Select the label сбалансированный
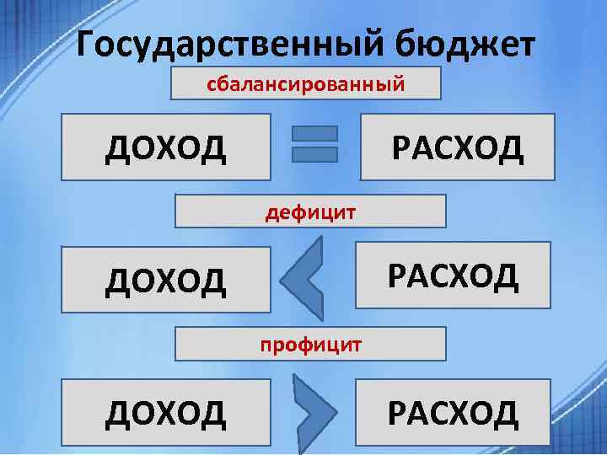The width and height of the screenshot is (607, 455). click(306, 83)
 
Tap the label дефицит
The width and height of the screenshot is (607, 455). click(310, 211)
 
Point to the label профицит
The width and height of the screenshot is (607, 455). click(310, 344)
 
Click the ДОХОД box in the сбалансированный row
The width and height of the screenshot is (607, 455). click(166, 149)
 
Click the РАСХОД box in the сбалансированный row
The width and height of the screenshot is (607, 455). click(457, 149)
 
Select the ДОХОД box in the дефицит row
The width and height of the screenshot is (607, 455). click(166, 280)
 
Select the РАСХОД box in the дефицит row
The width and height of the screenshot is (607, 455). click(454, 274)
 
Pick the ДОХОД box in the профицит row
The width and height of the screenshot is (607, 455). click(166, 412)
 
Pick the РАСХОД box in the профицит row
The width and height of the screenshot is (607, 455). click(453, 412)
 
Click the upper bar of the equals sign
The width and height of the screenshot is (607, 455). click(314, 134)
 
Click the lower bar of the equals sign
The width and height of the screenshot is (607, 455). click(314, 154)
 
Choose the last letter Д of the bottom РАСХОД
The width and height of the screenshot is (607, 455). click(504, 414)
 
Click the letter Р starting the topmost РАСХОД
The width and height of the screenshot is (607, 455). click(399, 150)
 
